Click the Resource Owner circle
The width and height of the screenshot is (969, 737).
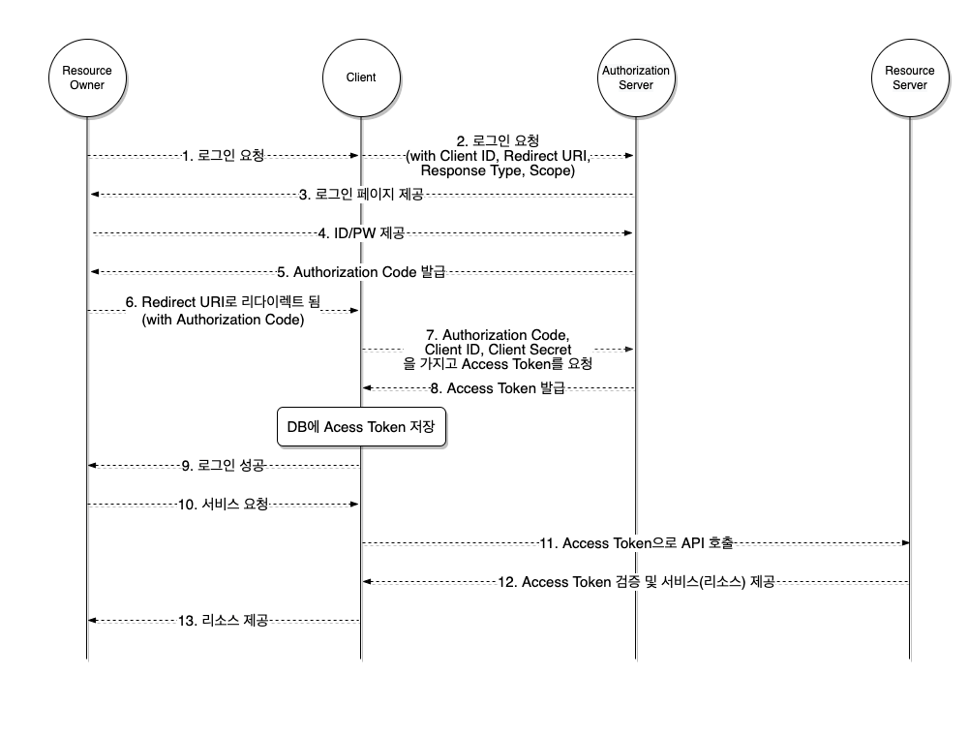pyautogui.click(x=87, y=77)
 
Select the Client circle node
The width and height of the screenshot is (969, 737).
pyautogui.click(x=361, y=77)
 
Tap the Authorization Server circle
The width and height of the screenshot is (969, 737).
pyautogui.click(x=636, y=77)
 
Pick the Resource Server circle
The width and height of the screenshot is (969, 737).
pyautogui.click(x=910, y=77)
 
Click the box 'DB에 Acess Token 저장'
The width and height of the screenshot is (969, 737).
pyautogui.click(x=361, y=427)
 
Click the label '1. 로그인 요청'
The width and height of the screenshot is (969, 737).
pyautogui.click(x=224, y=155)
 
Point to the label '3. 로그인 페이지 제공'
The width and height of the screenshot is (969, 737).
pyautogui.click(x=361, y=195)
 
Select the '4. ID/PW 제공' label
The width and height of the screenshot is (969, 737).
pyautogui.click(x=361, y=233)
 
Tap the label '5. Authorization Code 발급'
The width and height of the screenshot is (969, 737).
pyautogui.click(x=362, y=272)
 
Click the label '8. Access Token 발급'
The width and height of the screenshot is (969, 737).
pyautogui.click(x=498, y=388)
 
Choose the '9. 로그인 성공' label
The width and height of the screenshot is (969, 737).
pyautogui.click(x=224, y=466)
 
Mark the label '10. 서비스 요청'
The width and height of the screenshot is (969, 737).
pyautogui.click(x=224, y=505)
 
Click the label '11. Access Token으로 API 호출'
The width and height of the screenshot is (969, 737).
pyautogui.click(x=635, y=543)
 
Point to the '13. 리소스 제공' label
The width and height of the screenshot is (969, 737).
pyautogui.click(x=224, y=621)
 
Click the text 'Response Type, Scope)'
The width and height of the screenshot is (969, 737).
pyautogui.click(x=498, y=170)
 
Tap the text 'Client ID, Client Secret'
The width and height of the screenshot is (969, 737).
pyautogui.click(x=498, y=350)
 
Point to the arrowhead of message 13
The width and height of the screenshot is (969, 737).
pyautogui.click(x=93, y=621)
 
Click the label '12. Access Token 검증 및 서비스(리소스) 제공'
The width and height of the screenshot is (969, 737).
pyautogui.click(x=635, y=582)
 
